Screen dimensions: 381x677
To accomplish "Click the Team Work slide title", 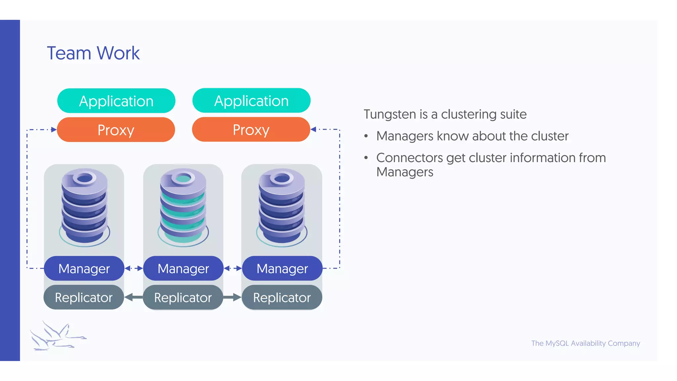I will click(93, 53).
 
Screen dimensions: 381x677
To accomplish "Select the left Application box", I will click(116, 101).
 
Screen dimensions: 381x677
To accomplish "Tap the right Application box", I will click(251, 101).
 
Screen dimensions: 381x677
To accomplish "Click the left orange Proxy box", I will click(116, 130).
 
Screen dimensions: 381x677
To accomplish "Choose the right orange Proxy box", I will click(251, 130).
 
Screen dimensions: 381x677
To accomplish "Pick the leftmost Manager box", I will click(84, 268).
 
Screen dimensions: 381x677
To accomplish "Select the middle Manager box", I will click(183, 268).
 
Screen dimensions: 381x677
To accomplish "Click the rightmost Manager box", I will click(282, 268).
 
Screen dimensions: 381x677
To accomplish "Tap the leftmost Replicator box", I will click(84, 297).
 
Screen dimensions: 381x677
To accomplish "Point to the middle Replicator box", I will click(183, 297).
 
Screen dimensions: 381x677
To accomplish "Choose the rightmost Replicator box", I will click(282, 297).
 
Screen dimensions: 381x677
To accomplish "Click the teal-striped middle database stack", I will click(183, 207).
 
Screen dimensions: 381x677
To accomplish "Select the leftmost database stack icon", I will click(85, 207).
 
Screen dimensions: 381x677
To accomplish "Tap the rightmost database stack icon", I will click(282, 207).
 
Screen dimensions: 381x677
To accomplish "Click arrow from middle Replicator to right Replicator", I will click(232, 297).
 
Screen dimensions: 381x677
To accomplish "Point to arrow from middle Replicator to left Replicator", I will click(133, 297).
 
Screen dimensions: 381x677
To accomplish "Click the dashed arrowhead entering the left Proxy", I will click(54, 130).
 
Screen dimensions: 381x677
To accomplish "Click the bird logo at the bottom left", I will click(56, 336).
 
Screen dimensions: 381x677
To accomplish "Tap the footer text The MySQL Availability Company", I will click(585, 343).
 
